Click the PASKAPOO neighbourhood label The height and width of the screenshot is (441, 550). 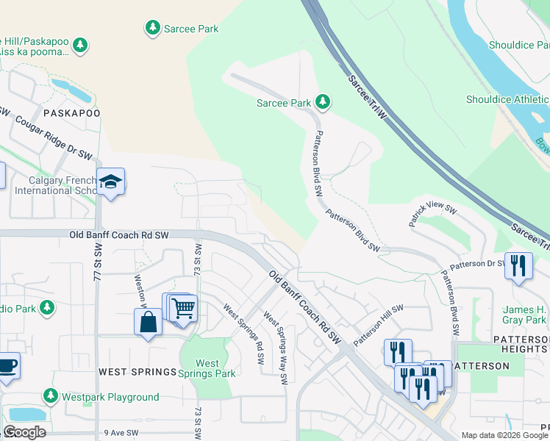(x=71, y=113)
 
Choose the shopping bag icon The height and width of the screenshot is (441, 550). (x=148, y=322)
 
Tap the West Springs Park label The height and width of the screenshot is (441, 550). (x=207, y=368)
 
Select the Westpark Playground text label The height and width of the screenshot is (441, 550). (x=110, y=397)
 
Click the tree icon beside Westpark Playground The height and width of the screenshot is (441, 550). (x=51, y=397)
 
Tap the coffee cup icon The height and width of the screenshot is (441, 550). (x=7, y=365)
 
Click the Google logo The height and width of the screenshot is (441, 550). (x=24, y=432)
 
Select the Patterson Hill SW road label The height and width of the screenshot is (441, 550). (x=379, y=326)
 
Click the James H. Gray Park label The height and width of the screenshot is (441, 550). (x=524, y=315)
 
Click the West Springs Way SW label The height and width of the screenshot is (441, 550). (x=275, y=349)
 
